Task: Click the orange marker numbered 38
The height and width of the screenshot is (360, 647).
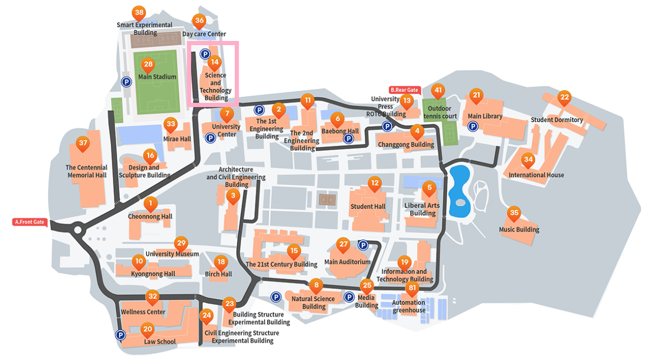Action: pyautogui.click(x=139, y=13)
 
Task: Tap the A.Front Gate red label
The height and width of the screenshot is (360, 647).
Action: pyautogui.click(x=29, y=222)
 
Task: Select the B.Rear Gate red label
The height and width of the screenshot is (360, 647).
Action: pyautogui.click(x=404, y=90)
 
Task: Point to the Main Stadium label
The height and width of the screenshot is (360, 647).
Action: pyautogui.click(x=157, y=77)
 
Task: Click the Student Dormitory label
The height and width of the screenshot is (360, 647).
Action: pyautogui.click(x=557, y=120)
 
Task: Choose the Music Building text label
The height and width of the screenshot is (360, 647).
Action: pyautogui.click(x=519, y=229)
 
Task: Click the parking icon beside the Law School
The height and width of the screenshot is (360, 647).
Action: pyautogui.click(x=120, y=335)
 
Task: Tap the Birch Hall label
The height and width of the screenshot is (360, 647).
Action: pyautogui.click(x=218, y=274)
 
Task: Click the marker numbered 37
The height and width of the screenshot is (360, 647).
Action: pyautogui.click(x=82, y=143)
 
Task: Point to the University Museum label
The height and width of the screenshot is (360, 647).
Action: pyautogui.click(x=172, y=254)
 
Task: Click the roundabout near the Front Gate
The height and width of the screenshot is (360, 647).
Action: pyautogui.click(x=78, y=229)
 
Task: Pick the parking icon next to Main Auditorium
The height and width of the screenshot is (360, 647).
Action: pyautogui.click(x=362, y=245)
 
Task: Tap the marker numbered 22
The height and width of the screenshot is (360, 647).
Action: pyautogui.click(x=564, y=97)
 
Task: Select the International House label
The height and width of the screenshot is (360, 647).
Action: pyautogui.click(x=536, y=175)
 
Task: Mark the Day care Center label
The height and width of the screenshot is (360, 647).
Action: pyautogui.click(x=204, y=34)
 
